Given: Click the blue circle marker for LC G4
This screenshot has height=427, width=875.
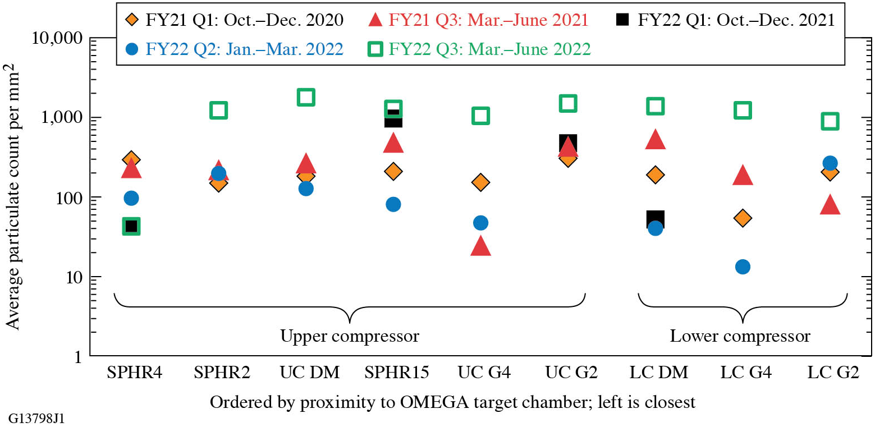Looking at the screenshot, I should pyautogui.click(x=743, y=267).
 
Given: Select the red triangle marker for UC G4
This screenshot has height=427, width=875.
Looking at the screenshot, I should pyautogui.click(x=480, y=247).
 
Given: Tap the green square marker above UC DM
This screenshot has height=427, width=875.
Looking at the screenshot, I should pyautogui.click(x=306, y=97).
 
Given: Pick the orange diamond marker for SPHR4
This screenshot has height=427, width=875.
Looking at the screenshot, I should pyautogui.click(x=131, y=160).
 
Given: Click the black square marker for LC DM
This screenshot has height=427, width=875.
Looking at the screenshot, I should pyautogui.click(x=655, y=218).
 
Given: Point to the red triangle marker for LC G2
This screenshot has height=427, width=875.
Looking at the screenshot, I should pyautogui.click(x=830, y=205).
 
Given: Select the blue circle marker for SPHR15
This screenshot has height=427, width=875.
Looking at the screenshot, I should pyautogui.click(x=393, y=204).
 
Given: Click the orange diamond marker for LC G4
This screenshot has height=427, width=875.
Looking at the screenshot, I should pyautogui.click(x=743, y=218).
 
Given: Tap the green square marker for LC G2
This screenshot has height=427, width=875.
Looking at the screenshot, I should pyautogui.click(x=830, y=121).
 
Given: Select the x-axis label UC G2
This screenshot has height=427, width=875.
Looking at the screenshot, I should pyautogui.click(x=568, y=373).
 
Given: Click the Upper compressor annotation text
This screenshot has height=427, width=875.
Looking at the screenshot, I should pyautogui.click(x=350, y=337).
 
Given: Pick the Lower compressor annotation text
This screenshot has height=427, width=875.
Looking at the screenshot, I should pyautogui.click(x=740, y=337).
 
